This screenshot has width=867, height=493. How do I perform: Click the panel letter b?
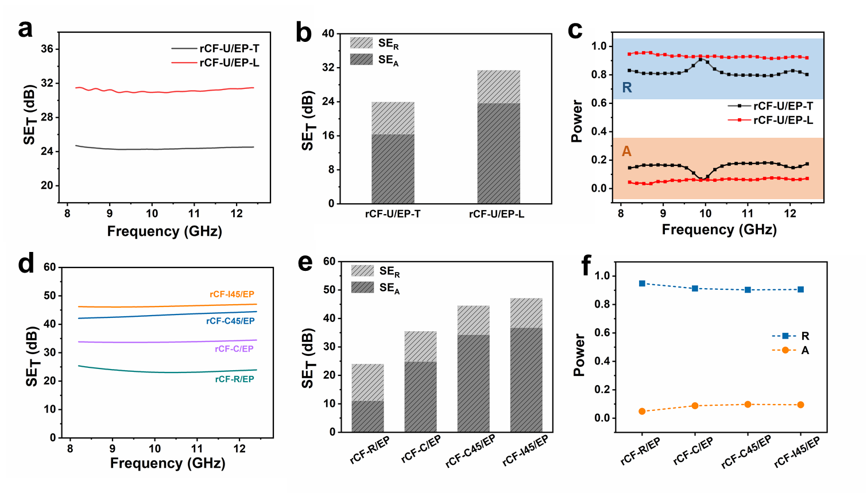[304, 33]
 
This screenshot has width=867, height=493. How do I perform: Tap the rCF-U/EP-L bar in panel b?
[498, 138]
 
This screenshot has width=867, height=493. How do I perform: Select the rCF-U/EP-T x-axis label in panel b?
[393, 214]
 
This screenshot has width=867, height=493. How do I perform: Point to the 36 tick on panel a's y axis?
[47, 49]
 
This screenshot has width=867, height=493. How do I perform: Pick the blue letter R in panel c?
[627, 88]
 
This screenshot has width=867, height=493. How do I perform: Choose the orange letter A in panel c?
[626, 151]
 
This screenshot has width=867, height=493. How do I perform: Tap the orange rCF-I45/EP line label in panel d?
[232, 294]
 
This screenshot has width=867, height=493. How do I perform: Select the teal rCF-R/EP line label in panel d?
[234, 379]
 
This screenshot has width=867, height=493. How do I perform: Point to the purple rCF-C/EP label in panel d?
[234, 349]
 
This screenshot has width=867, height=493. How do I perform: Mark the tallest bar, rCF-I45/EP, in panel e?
[526, 365]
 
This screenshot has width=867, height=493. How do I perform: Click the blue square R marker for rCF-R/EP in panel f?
[642, 284]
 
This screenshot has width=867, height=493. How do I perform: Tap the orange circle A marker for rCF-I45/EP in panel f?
[800, 405]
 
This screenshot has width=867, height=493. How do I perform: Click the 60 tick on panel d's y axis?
[50, 267]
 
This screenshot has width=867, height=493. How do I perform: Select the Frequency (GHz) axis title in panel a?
[164, 231]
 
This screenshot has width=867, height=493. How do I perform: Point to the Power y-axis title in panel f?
[579, 355]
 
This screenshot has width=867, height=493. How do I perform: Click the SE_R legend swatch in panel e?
[362, 271]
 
